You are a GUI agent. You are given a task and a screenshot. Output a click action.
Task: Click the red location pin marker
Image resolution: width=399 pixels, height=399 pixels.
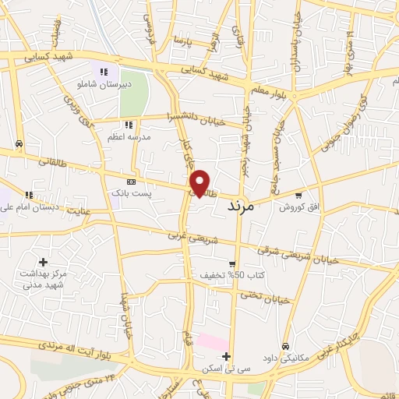click(x=201, y=182)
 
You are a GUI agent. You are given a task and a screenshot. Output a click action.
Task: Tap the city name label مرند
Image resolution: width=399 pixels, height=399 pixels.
click(x=241, y=207)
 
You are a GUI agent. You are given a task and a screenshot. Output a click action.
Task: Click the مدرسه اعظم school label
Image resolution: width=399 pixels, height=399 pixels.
click(x=129, y=136)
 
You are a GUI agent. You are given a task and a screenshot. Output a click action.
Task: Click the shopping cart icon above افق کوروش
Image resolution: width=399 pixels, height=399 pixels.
click(x=298, y=195)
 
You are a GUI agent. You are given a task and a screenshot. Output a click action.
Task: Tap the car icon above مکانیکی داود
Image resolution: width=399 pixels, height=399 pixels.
click(x=286, y=345)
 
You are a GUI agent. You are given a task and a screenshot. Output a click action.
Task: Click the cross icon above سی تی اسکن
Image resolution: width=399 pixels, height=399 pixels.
click(x=225, y=356)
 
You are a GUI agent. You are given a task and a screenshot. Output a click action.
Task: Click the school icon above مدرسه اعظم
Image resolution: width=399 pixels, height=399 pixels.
click(x=129, y=124)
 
